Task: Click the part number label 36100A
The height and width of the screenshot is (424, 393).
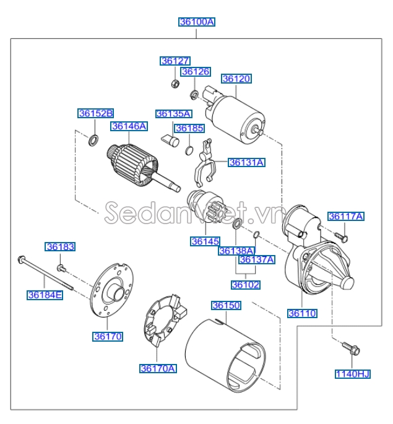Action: [x=197, y=22]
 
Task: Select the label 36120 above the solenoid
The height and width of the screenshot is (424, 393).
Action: [x=236, y=79]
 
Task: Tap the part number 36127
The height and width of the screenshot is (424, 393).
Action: [x=175, y=61]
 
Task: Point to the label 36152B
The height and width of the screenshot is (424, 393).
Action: [x=96, y=113]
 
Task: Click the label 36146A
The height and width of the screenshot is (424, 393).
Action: [x=129, y=126]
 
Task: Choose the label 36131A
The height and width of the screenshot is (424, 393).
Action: [x=246, y=163]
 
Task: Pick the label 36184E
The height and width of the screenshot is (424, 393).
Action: [x=45, y=295]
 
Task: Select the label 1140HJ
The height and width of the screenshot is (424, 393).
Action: [x=352, y=373]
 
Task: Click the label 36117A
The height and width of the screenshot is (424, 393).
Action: [x=346, y=216]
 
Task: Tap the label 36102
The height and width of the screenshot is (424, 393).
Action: [x=246, y=285]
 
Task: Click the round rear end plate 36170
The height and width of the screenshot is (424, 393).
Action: [x=111, y=290]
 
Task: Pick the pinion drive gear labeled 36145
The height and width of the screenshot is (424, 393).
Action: [x=204, y=207]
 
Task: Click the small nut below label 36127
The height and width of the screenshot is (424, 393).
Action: [x=175, y=83]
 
